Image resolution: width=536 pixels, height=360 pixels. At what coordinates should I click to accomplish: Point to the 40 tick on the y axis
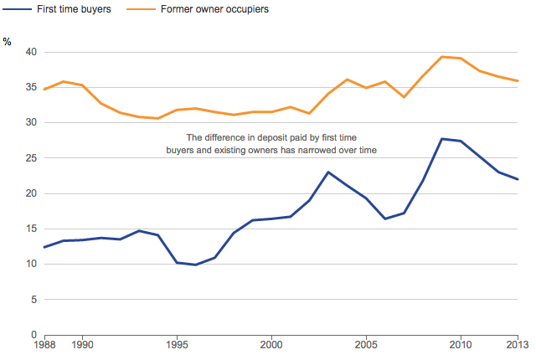(30, 52)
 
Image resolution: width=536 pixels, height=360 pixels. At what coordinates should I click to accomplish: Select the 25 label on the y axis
(30, 158)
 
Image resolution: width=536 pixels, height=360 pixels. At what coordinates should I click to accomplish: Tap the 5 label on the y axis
(33, 300)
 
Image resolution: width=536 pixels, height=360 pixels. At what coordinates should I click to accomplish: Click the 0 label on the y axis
(33, 335)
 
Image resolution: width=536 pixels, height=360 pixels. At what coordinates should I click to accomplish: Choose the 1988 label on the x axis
(44, 344)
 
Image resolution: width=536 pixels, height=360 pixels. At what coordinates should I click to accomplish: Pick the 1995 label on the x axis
(177, 344)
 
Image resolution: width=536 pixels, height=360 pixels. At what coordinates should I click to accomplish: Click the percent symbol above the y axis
(8, 42)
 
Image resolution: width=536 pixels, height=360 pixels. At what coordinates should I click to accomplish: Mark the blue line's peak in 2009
(441, 139)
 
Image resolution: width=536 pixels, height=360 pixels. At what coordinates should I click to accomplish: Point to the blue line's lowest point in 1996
(195, 265)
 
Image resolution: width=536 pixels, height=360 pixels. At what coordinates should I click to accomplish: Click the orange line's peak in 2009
(441, 57)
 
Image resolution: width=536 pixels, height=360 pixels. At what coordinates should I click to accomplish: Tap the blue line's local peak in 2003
(328, 172)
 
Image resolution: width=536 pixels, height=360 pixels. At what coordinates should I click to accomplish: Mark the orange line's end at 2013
(517, 81)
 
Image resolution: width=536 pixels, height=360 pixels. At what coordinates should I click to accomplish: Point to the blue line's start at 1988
(44, 247)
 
